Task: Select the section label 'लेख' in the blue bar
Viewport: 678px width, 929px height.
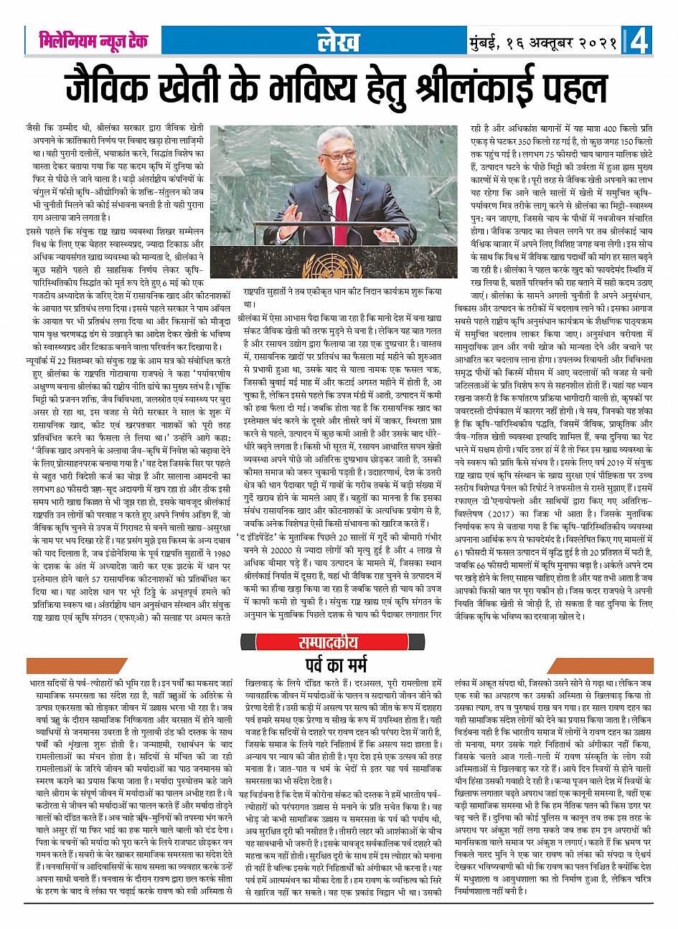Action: [x=339, y=42]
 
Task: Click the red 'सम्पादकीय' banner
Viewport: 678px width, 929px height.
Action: [x=338, y=643]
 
